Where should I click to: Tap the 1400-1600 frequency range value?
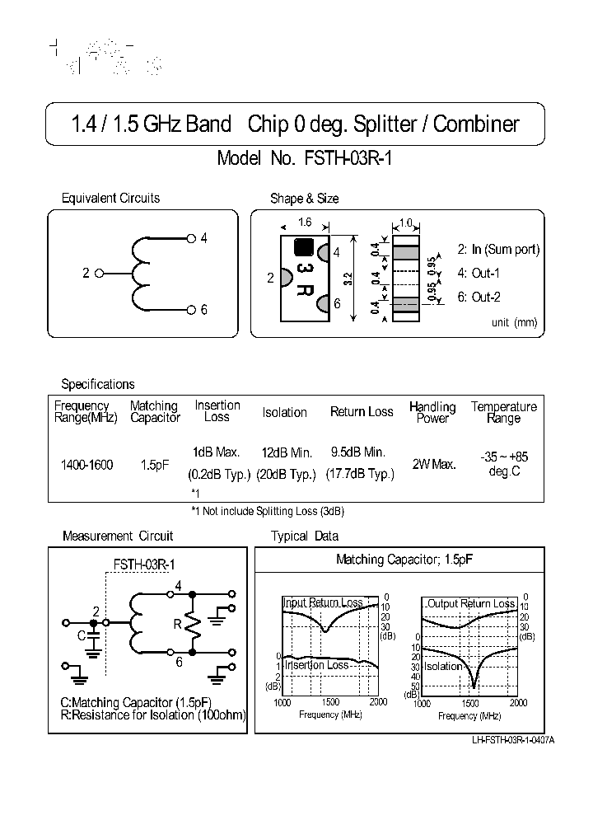pos(86,466)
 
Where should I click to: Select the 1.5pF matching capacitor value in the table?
pos(154,466)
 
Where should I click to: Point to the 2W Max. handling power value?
pos(432,466)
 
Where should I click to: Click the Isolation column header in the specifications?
pos(284,412)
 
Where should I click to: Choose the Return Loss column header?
pos(362,411)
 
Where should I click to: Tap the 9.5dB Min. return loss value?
pos(358,452)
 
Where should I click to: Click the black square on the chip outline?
pos(303,246)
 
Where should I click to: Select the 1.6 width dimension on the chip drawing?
pos(304,223)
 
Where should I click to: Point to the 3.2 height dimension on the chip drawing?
pos(348,279)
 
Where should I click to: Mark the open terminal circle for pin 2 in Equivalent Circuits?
pos(99,274)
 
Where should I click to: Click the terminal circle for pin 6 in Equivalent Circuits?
pos(190,310)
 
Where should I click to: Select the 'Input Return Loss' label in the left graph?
pos(323,603)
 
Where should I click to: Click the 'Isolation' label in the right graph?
pos(444,666)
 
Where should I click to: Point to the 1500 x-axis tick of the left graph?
pos(330,702)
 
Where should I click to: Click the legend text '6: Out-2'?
pos(479,298)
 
